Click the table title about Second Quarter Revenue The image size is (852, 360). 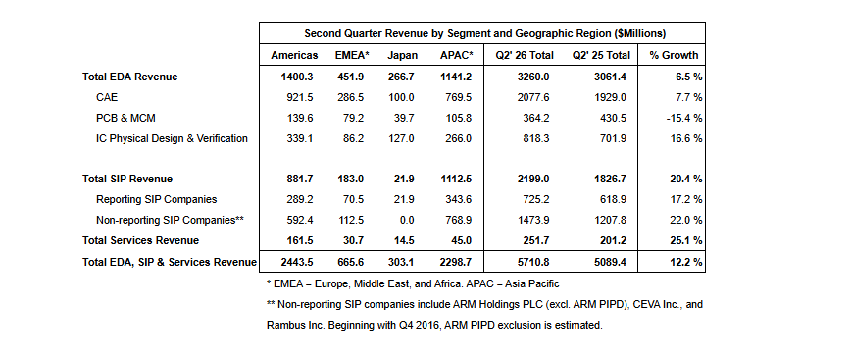coord(484,33)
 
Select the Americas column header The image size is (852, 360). coord(294,56)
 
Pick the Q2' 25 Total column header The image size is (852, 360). coord(601,56)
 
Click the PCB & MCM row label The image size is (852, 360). coord(126,118)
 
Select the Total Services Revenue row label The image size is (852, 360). coord(141,240)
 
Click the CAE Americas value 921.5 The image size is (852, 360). coord(300,98)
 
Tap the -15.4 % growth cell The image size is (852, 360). coord(684,118)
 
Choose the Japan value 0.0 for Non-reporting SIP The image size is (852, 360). coord(407,221)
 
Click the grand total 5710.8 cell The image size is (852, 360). coord(535,262)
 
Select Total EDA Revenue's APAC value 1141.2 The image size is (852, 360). coord(455,77)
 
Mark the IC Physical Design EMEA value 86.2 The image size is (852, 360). coord(354,138)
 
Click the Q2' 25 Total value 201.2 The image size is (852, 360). coord(613,240)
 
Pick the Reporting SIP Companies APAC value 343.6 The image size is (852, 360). coord(458,199)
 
